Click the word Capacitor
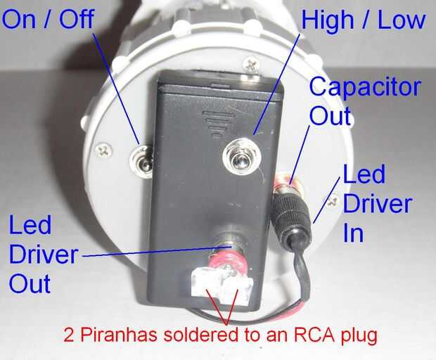(x=365, y=87)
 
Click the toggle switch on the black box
(x=239, y=159)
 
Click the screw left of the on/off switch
(x=105, y=149)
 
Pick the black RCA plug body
(x=288, y=214)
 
